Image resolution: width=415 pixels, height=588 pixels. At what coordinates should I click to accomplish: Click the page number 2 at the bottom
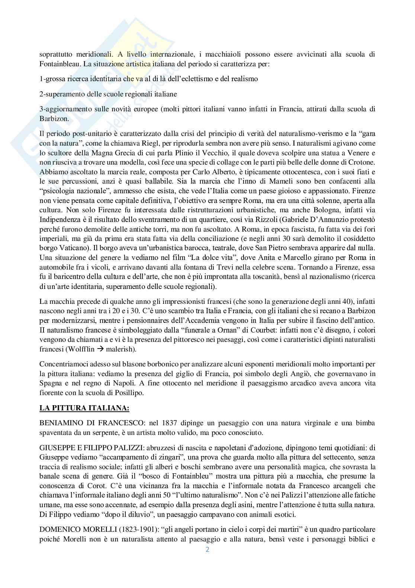click(207, 550)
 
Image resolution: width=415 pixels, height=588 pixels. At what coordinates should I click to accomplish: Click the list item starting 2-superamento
click(108, 94)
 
